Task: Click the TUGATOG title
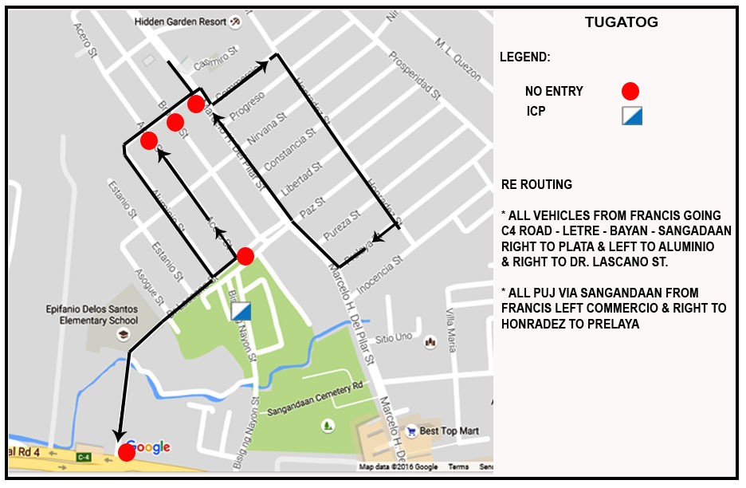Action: click(x=622, y=22)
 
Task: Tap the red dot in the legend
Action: click(x=630, y=91)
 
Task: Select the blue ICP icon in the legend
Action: click(x=632, y=116)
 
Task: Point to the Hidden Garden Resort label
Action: click(x=180, y=22)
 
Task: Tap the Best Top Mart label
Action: click(x=450, y=431)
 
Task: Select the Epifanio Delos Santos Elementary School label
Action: click(x=92, y=315)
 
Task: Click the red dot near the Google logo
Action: click(x=126, y=453)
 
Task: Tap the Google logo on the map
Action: click(x=149, y=447)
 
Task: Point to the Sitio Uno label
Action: click(x=393, y=338)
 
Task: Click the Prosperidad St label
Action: click(x=414, y=76)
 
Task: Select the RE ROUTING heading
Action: click(x=537, y=185)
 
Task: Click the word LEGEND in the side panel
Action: click(x=524, y=58)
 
